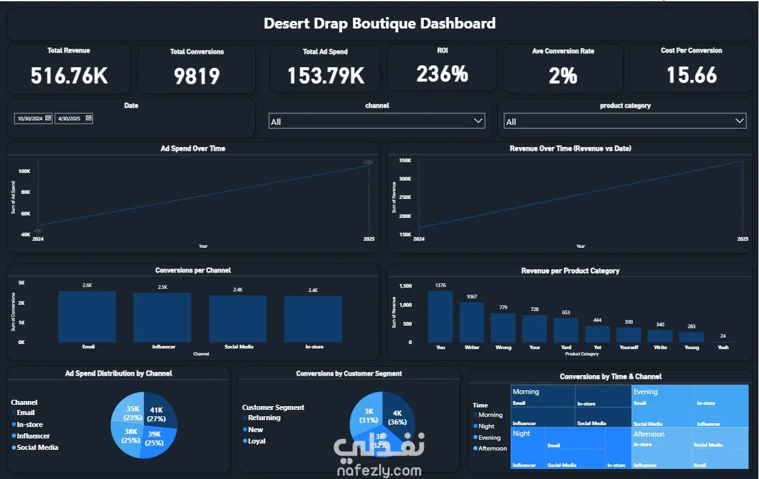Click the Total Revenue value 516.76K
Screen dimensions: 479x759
coord(69,76)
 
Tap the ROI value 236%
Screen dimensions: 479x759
coord(442,74)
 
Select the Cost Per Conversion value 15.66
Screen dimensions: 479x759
coord(691,75)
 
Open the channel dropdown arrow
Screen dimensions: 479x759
coord(478,121)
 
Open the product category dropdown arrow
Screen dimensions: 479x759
coord(739,121)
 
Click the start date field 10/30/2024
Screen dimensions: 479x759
coord(33,118)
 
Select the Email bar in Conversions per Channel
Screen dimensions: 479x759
coord(87,317)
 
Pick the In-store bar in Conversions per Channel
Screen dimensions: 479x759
coord(313,319)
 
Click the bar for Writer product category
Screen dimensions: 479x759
coord(471,322)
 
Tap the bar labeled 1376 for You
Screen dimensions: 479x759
coord(440,316)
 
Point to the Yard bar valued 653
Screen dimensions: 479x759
coord(566,329)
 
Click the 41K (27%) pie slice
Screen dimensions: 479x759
coord(156,414)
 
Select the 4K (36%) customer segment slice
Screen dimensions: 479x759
coord(397,418)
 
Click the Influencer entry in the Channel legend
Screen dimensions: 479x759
coord(33,436)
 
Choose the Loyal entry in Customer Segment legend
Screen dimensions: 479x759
coord(257,441)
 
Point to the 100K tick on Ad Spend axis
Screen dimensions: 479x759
coord(25,171)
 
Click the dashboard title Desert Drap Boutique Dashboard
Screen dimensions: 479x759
coord(379,24)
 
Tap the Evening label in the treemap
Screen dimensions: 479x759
coord(646,392)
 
